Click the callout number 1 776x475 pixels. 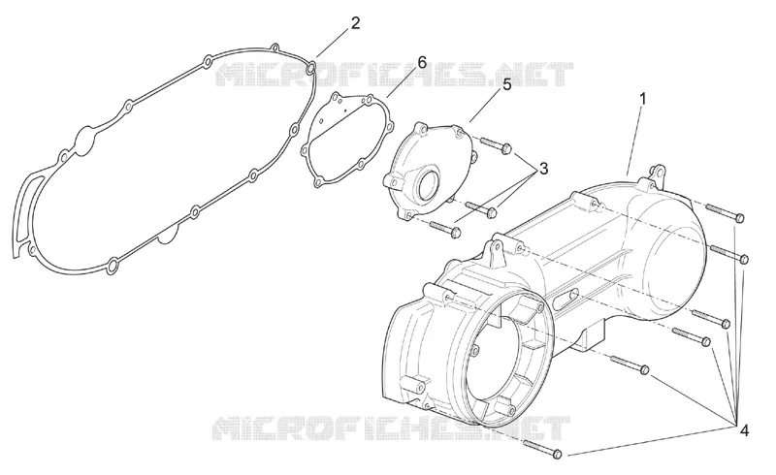tap(642, 99)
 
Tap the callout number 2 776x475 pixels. tap(355, 23)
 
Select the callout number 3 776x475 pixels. tap(543, 169)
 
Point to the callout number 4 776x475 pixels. tap(744, 430)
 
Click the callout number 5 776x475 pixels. tap(506, 84)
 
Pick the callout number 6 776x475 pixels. tap(422, 62)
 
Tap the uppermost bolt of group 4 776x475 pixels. tap(725, 212)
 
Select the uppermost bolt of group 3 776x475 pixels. tap(495, 144)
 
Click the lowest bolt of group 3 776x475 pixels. tap(445, 228)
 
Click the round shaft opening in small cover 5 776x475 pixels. tap(429, 182)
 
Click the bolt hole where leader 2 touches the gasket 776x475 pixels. tap(310, 68)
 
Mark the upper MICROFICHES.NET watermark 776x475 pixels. tap(395, 74)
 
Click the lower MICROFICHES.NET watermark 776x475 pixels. tap(391, 427)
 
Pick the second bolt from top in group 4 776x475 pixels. tap(728, 253)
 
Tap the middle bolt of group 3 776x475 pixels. tap(481, 208)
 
